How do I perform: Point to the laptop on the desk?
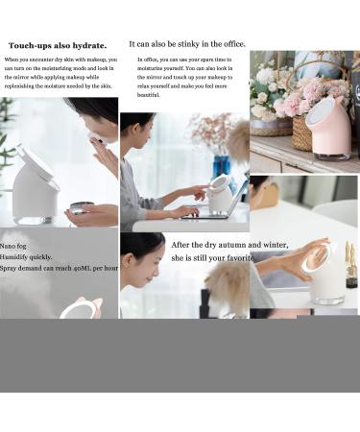click(206, 206)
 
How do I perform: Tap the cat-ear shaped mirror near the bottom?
click(81, 309)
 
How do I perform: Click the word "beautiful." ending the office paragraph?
click(149, 95)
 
